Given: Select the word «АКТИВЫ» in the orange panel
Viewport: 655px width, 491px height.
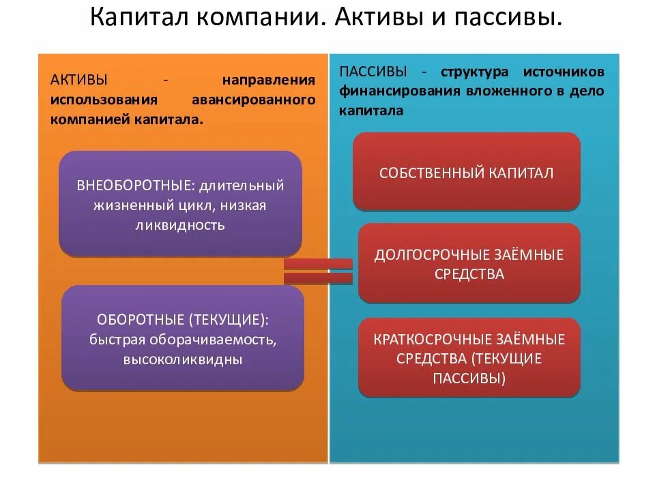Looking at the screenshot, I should click(x=78, y=80).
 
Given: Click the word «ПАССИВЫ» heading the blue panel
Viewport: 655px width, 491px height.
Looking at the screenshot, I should click(x=373, y=72).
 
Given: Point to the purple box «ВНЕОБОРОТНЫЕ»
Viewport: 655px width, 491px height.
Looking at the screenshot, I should click(x=180, y=205).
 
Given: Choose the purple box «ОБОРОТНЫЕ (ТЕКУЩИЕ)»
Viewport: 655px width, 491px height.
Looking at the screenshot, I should click(x=182, y=338).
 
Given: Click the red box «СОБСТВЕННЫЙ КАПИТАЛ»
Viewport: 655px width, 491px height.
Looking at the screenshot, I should click(x=467, y=173).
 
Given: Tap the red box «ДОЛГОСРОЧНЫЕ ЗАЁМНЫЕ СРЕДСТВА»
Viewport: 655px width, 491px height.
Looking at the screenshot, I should click(x=469, y=264).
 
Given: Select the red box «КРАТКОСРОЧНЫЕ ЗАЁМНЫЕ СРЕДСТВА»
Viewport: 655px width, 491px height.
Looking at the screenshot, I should click(x=469, y=358).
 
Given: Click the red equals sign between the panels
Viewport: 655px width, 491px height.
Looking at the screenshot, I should click(x=318, y=271).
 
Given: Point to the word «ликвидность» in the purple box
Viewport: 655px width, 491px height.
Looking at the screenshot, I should click(x=180, y=225).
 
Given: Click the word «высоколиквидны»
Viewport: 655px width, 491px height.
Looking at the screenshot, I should click(x=182, y=359).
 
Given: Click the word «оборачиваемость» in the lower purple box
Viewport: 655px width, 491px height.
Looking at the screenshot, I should click(x=227, y=339).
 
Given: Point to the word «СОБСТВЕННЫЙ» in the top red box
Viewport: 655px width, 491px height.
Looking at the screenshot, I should click(x=431, y=173).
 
